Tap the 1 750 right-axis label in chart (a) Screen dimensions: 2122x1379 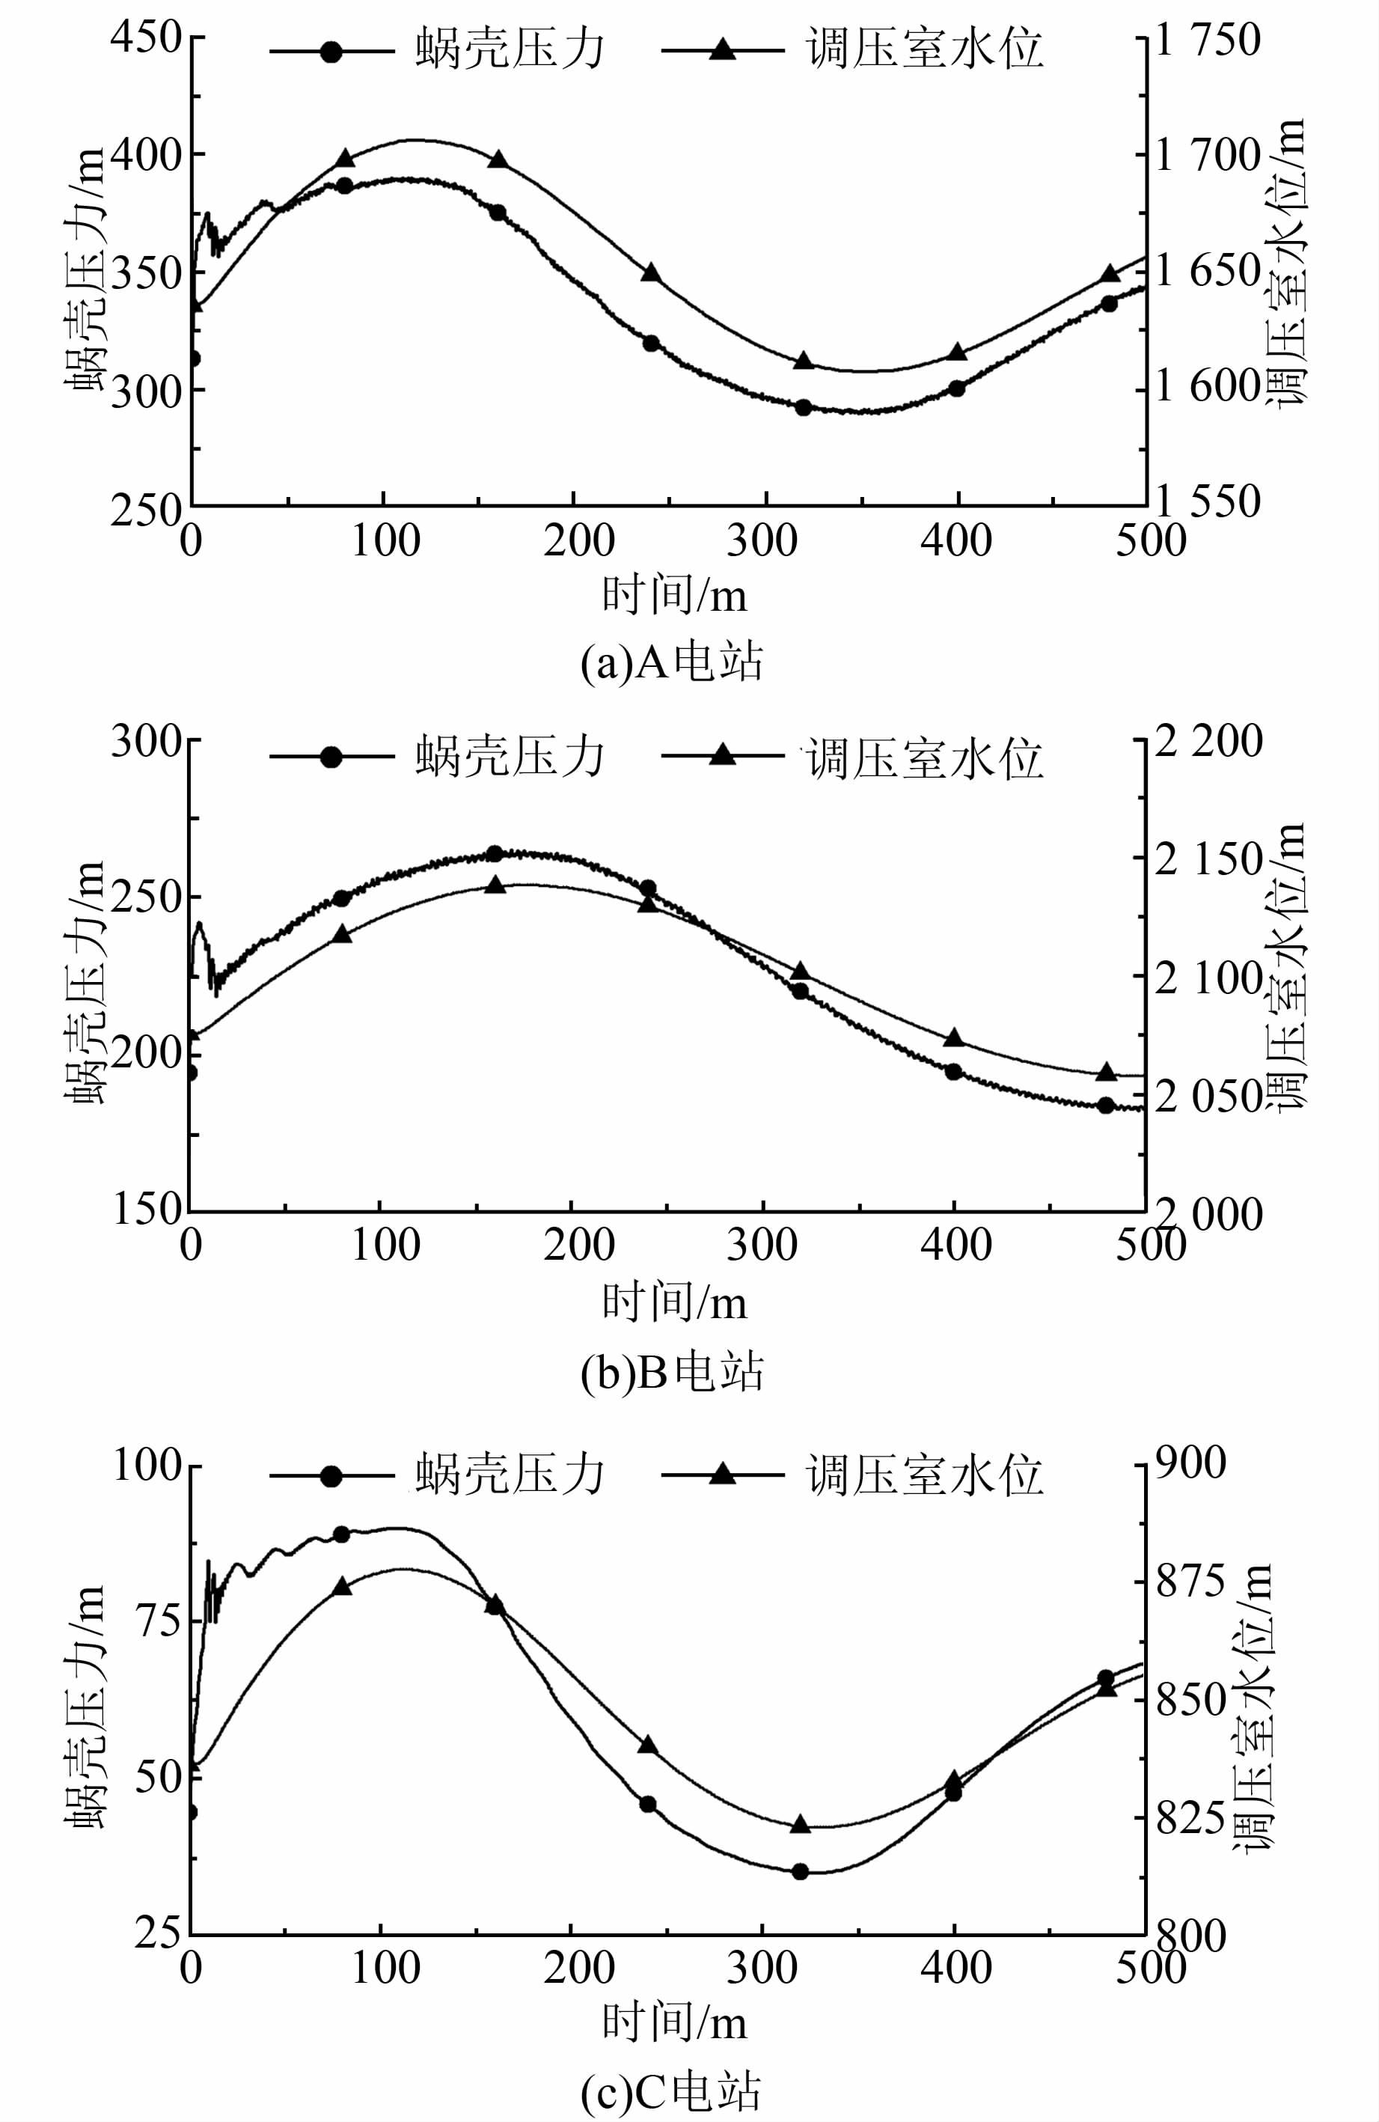(x=1208, y=41)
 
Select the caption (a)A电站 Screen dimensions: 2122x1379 (x=672, y=663)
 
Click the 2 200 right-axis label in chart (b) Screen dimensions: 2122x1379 (x=1208, y=742)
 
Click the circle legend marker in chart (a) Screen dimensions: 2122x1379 (x=331, y=51)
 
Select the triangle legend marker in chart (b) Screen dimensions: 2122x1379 (x=722, y=756)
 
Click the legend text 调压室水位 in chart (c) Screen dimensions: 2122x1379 (x=924, y=1475)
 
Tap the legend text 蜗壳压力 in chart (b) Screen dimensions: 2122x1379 (x=510, y=757)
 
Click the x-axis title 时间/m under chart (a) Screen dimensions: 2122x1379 (x=674, y=595)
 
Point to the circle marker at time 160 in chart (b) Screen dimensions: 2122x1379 (x=495, y=853)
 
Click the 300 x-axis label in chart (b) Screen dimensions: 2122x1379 (x=762, y=1246)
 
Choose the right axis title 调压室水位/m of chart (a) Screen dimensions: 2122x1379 (x=1290, y=263)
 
